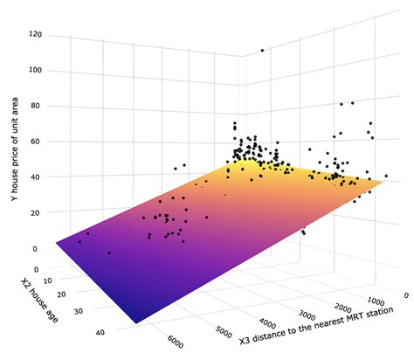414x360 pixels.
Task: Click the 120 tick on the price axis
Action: coord(36,34)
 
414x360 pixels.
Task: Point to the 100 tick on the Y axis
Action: coord(36,70)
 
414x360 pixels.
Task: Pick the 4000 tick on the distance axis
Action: coord(267,322)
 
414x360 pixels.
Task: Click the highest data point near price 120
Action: coord(262,51)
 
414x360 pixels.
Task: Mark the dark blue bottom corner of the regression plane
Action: coord(137,322)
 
